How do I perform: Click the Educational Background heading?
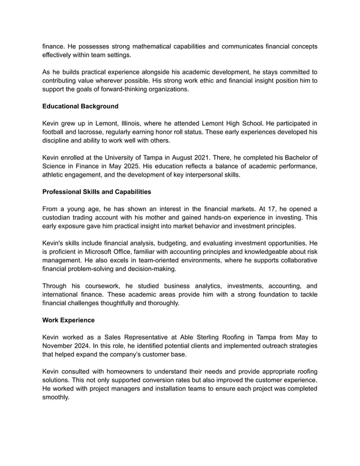point(80,106)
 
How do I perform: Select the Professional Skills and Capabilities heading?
point(96,192)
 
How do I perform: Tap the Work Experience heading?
point(68,320)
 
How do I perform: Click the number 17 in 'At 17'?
point(275,208)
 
